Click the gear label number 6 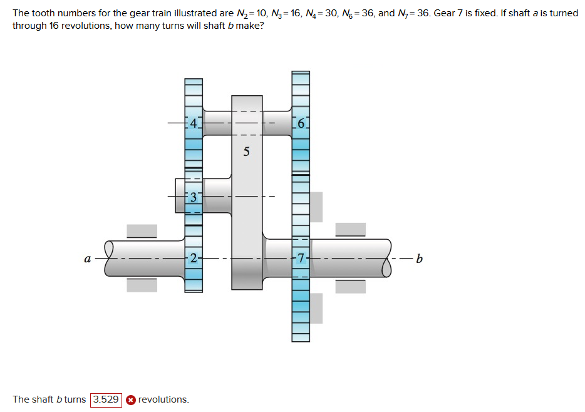coord(301,124)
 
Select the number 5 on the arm coord(246,152)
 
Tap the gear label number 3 coord(194,197)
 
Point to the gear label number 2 coord(194,257)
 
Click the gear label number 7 coord(301,257)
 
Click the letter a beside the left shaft coord(88,258)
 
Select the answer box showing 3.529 coord(106,399)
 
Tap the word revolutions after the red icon coord(163,399)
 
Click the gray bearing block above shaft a coord(142,230)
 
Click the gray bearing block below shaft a coord(142,285)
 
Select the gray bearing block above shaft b coord(350,229)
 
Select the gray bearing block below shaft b coord(350,286)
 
